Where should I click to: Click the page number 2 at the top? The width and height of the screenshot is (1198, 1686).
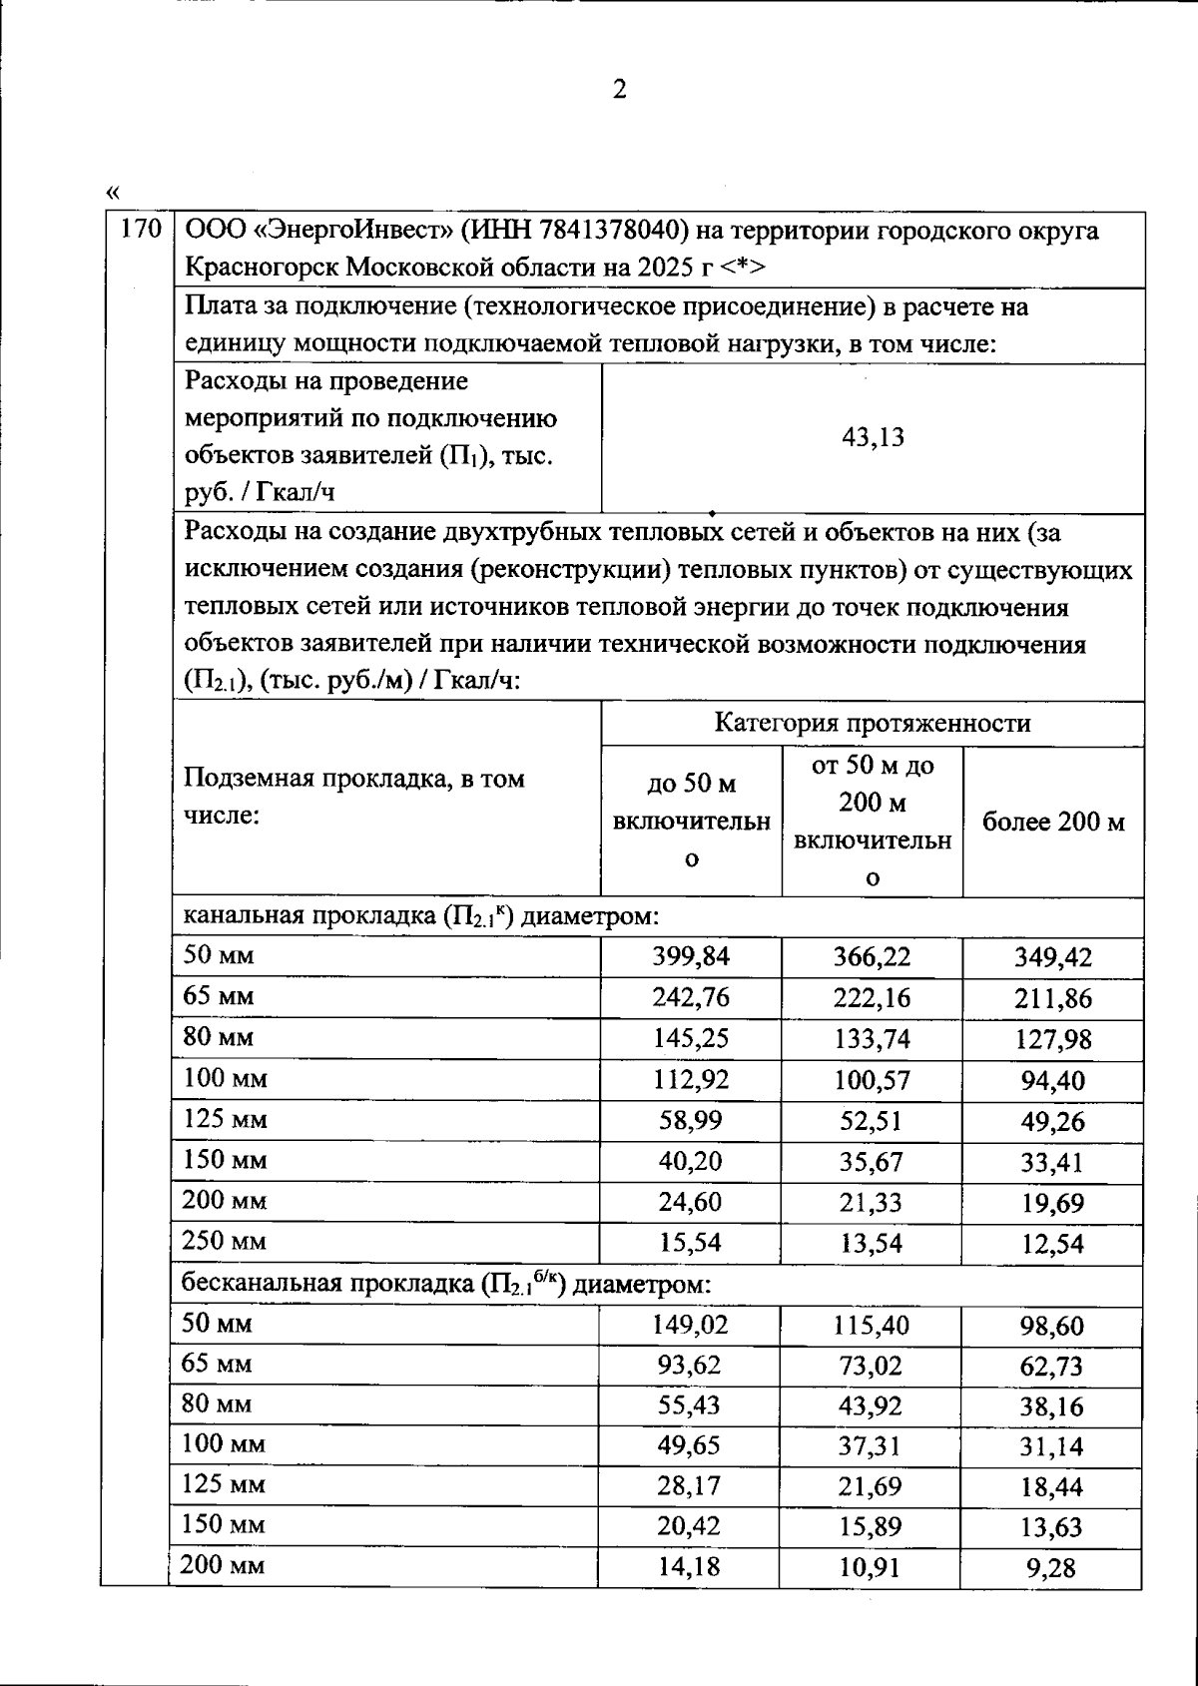(618, 91)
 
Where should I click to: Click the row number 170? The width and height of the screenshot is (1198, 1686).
(140, 231)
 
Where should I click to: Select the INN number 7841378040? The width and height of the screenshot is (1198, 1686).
(613, 231)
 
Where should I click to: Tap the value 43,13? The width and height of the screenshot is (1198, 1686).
(873, 437)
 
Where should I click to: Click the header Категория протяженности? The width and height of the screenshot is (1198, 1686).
(872, 723)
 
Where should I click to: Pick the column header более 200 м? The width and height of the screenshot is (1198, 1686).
(1052, 822)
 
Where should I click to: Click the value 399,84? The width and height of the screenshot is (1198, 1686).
(691, 956)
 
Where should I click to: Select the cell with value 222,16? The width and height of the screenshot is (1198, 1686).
(872, 997)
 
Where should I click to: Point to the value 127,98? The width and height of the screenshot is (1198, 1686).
(1053, 1039)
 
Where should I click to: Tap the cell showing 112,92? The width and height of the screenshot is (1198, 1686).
(691, 1079)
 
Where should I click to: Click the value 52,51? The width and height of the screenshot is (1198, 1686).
(872, 1120)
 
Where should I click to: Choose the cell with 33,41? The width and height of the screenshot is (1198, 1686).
(1053, 1162)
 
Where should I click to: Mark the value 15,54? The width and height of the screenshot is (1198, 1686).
(691, 1243)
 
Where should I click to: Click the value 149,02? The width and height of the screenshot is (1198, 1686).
(691, 1325)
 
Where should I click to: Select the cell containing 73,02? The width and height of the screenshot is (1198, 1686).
(872, 1365)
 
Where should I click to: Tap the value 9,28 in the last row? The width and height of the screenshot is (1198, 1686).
(1051, 1568)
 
